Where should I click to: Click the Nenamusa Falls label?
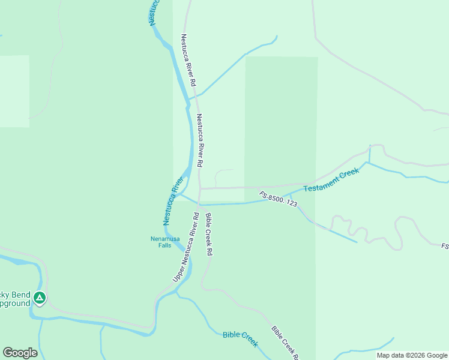tap(160, 242)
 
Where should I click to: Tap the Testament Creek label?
tap(331, 181)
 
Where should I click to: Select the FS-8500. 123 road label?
tap(279, 199)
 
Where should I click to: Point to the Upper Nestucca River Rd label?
tap(185, 247)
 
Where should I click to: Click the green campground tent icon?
tap(40, 298)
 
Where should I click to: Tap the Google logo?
tap(20, 353)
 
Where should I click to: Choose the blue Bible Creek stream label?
tap(240, 338)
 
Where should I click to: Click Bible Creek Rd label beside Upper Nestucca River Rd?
tap(209, 235)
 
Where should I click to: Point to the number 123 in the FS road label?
tap(291, 204)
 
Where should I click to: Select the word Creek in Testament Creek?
tap(349, 173)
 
